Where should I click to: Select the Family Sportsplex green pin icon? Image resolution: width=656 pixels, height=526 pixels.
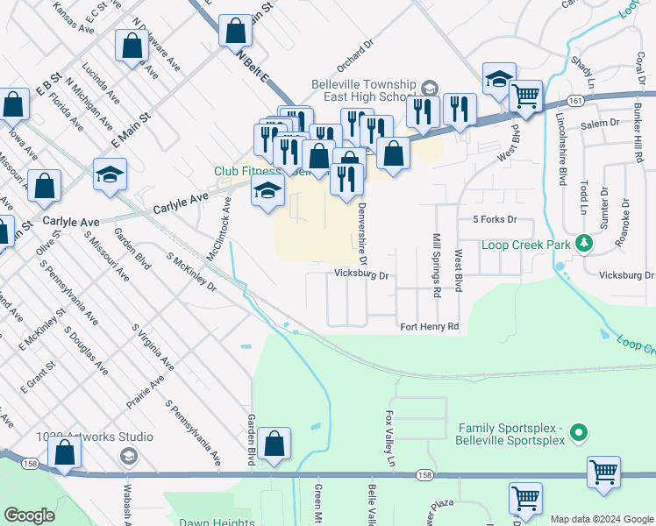578,433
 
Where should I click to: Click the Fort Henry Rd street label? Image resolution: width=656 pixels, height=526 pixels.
430,327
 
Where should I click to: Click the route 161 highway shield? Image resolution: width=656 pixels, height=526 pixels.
574,102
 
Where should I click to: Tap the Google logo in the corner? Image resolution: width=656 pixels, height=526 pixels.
30,515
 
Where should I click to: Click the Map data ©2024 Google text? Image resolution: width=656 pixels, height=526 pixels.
601,519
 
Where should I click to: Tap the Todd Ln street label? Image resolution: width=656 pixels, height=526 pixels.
581,199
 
